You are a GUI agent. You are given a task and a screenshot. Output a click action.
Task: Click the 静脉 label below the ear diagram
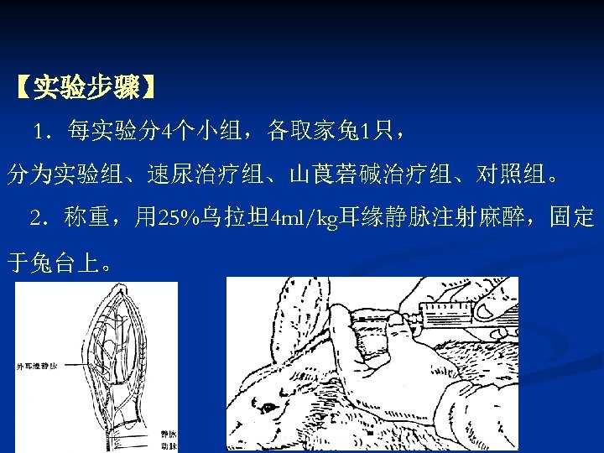(x=167, y=433)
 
